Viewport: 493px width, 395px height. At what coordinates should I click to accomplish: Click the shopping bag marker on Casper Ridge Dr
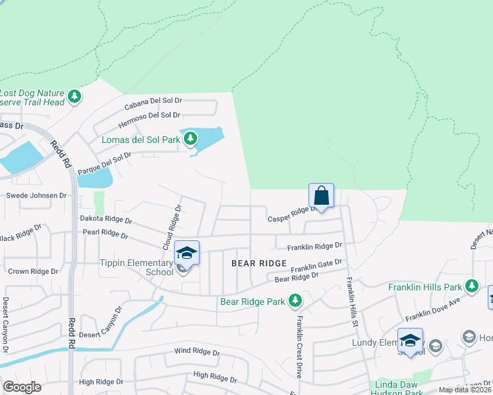(x=321, y=196)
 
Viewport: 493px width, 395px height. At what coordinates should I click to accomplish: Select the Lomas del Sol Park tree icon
(x=190, y=138)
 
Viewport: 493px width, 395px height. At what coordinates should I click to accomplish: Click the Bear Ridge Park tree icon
(x=296, y=302)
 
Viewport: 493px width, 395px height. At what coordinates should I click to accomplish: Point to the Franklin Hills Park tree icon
(x=471, y=286)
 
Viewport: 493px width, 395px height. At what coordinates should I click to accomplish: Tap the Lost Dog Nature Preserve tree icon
(x=75, y=97)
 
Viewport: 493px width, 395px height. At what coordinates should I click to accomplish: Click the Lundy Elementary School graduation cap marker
(x=410, y=340)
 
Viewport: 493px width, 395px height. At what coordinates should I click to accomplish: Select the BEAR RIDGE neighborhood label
(x=259, y=263)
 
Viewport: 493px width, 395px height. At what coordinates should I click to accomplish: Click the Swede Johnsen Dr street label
(x=36, y=196)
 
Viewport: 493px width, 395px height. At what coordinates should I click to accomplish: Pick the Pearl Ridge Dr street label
(x=105, y=233)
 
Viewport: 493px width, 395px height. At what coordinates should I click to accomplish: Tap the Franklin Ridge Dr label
(x=314, y=246)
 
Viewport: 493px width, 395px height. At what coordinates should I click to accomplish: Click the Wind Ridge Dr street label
(x=196, y=352)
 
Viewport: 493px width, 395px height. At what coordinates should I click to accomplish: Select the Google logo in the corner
(x=22, y=386)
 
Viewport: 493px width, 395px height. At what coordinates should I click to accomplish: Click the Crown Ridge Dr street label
(x=33, y=271)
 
